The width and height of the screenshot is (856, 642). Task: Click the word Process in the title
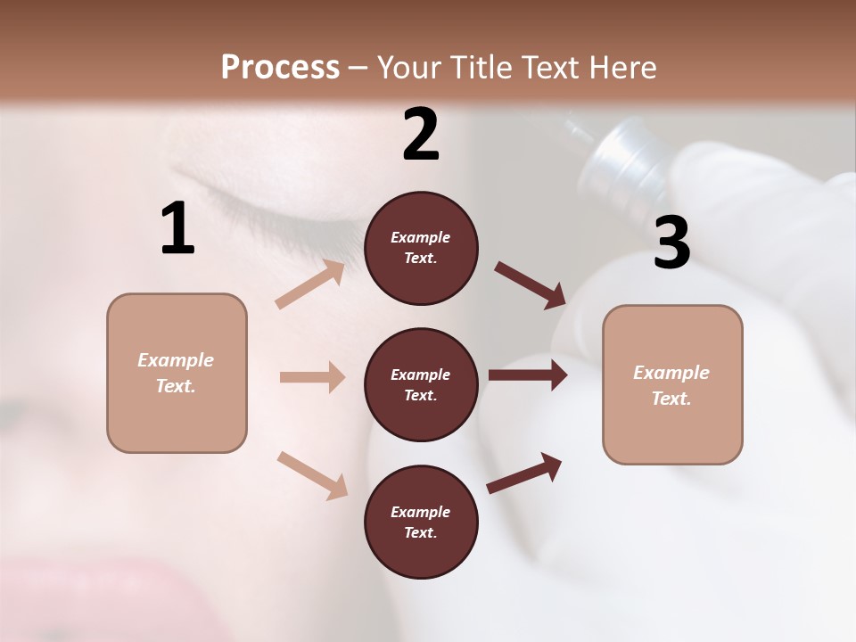click(x=280, y=67)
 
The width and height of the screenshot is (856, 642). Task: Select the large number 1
click(x=177, y=229)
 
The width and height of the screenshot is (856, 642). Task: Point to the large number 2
click(x=421, y=136)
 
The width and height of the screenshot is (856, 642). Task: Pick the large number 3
click(x=671, y=243)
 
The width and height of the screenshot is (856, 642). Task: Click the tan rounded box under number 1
click(x=177, y=373)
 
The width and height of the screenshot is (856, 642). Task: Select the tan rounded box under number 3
click(x=672, y=384)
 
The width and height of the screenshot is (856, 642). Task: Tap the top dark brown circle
click(x=421, y=248)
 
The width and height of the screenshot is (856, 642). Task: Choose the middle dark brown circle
click(x=421, y=384)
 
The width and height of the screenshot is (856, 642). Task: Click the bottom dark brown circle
click(x=421, y=522)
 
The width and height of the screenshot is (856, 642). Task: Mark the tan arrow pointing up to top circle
click(x=309, y=284)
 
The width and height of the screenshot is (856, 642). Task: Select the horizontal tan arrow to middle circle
click(x=312, y=377)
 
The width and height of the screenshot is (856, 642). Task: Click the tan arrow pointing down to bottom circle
click(x=312, y=474)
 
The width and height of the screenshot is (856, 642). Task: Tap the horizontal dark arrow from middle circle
click(x=527, y=375)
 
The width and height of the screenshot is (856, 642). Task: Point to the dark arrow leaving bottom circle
click(x=524, y=473)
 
